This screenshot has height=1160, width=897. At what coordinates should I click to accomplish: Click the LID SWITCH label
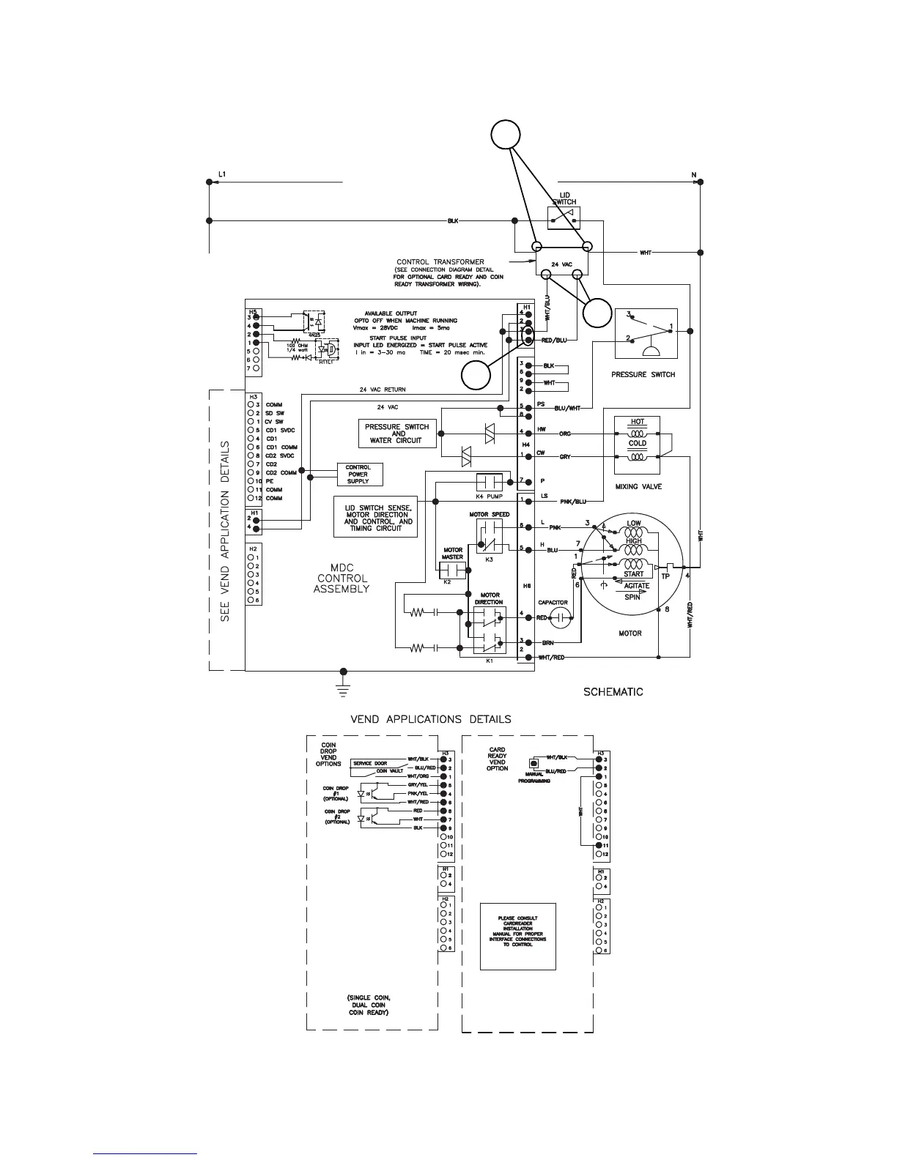[x=564, y=198]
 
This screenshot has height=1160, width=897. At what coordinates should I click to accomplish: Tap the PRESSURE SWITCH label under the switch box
[x=643, y=374]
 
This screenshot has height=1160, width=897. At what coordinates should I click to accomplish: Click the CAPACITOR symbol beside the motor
[x=561, y=617]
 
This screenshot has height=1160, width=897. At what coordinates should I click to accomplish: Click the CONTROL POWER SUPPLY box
[x=358, y=474]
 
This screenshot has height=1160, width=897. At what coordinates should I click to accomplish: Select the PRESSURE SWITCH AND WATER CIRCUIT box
[x=396, y=434]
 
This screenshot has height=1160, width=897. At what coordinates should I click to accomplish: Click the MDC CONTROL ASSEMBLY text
[x=342, y=578]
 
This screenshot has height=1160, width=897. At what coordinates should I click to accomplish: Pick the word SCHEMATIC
[x=613, y=692]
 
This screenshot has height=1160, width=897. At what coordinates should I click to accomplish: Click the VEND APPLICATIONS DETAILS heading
[x=431, y=719]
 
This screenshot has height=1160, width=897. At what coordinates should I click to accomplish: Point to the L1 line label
[x=223, y=174]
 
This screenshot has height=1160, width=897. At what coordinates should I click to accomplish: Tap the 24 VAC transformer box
[x=561, y=261]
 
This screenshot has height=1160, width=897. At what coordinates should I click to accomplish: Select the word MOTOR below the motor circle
[x=630, y=633]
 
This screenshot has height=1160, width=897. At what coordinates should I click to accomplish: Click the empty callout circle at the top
[x=505, y=135]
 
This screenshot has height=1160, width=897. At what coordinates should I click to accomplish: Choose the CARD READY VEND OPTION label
[x=498, y=759]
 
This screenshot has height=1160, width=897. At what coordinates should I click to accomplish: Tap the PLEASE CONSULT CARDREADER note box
[x=518, y=936]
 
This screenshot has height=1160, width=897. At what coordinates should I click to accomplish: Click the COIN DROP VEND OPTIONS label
[x=328, y=754]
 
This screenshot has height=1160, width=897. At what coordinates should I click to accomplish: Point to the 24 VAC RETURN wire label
[x=383, y=390]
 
